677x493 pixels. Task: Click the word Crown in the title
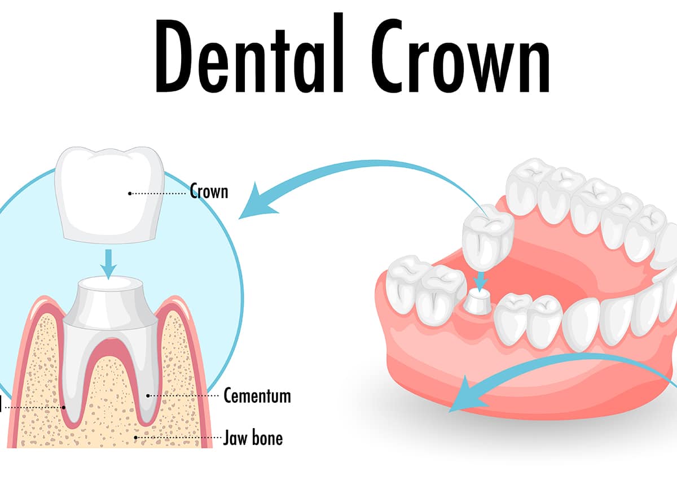tap(460, 55)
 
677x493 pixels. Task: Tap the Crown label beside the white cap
tap(209, 192)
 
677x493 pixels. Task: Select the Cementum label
tap(257, 396)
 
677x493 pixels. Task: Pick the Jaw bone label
tap(253, 438)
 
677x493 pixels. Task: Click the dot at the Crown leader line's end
tap(130, 193)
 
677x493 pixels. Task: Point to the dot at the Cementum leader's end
tap(148, 396)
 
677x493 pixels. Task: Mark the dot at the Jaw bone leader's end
tap(136, 437)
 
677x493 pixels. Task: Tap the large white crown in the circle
tap(109, 195)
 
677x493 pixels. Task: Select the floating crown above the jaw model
tap(488, 237)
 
